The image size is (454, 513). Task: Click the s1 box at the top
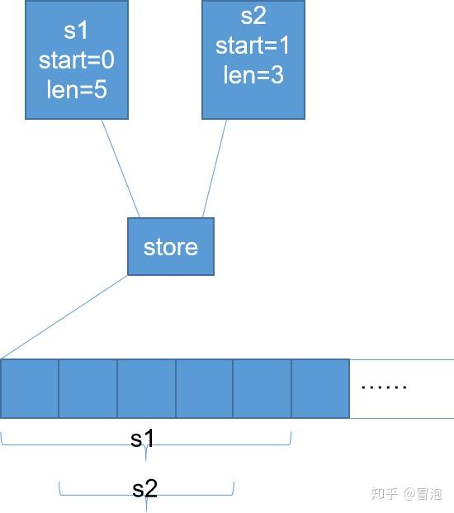tap(76, 59)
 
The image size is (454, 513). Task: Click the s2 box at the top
tap(253, 59)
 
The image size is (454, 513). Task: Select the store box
tap(171, 246)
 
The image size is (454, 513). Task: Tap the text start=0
tap(77, 61)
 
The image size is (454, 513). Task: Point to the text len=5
tap(77, 88)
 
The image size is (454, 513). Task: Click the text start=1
tap(253, 45)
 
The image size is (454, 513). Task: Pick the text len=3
tap(253, 74)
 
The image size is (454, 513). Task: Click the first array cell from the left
tap(30, 388)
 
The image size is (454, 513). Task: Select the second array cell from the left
tap(88, 388)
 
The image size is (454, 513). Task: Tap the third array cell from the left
tap(146, 388)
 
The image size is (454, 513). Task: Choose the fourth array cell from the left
tap(204, 388)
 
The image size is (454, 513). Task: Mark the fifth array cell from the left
tap(262, 388)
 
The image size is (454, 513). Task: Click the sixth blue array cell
tap(320, 388)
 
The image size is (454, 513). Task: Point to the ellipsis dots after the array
tap(385, 386)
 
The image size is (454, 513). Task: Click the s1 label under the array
tap(143, 438)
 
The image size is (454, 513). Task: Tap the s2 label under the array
tap(144, 488)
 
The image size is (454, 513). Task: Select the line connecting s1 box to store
tap(121, 168)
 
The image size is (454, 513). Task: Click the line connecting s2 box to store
tap(215, 168)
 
